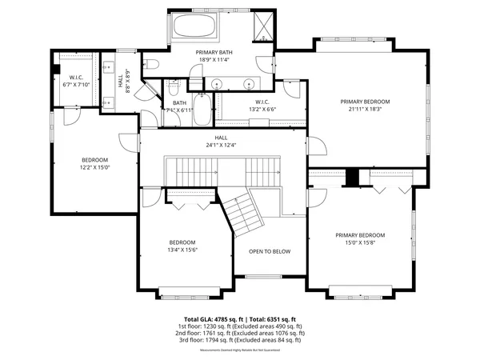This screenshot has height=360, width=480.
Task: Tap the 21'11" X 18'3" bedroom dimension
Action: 365,110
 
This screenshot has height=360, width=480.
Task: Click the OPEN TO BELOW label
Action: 269,251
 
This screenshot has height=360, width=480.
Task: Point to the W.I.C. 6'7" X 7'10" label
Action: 78,81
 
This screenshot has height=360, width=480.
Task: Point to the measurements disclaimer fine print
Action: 240,350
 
